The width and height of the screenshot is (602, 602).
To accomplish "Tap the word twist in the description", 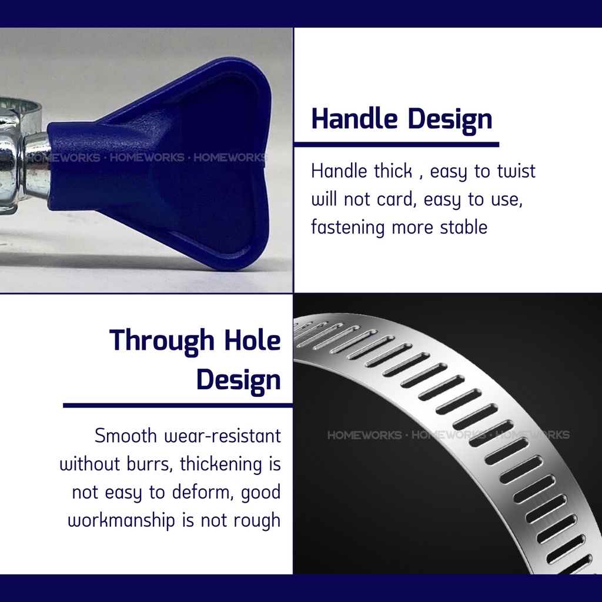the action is point(516,171).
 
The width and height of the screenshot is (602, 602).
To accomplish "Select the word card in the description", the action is point(397,199).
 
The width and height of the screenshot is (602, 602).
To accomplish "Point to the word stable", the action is point(464,227).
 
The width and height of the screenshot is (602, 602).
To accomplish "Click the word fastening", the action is point(347,228).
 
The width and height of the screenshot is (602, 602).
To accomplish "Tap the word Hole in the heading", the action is point(253,340).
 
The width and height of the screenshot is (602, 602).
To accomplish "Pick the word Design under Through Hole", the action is point(239,380).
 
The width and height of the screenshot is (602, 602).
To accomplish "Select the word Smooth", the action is point(126,436).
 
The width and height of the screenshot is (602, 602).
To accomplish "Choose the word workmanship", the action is point(121,521).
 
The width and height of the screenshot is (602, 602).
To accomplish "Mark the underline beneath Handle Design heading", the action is point(397,145).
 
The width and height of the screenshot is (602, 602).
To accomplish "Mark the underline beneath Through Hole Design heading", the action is point(178,405).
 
